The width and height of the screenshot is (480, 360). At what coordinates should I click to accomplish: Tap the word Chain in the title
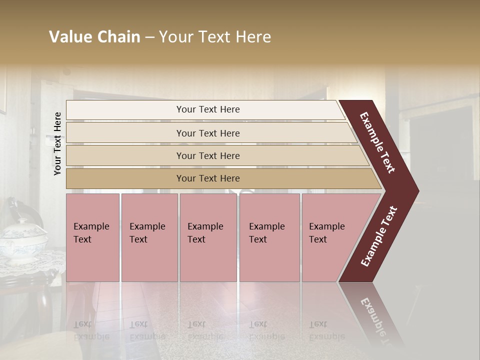pyautogui.click(x=118, y=37)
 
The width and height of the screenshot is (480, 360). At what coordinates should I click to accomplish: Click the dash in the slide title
pyautogui.click(x=149, y=37)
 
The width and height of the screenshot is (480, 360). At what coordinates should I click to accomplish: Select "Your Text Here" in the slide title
pyautogui.click(x=215, y=37)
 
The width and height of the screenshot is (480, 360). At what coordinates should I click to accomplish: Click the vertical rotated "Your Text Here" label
pyautogui.click(x=57, y=144)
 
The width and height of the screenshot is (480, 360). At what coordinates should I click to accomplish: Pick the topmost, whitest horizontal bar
pyautogui.click(x=205, y=109)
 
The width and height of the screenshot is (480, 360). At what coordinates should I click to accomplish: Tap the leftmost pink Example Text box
pyautogui.click(x=92, y=237)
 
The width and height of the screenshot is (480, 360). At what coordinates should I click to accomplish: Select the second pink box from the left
pyautogui.click(x=149, y=237)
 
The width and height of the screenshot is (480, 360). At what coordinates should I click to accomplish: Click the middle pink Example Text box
pyautogui.click(x=208, y=237)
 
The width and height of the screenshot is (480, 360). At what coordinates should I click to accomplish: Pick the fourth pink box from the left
pyautogui.click(x=269, y=237)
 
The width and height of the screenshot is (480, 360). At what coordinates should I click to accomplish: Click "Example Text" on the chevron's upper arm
pyautogui.click(x=377, y=142)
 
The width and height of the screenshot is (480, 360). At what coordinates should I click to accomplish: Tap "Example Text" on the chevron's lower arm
pyautogui.click(x=379, y=236)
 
